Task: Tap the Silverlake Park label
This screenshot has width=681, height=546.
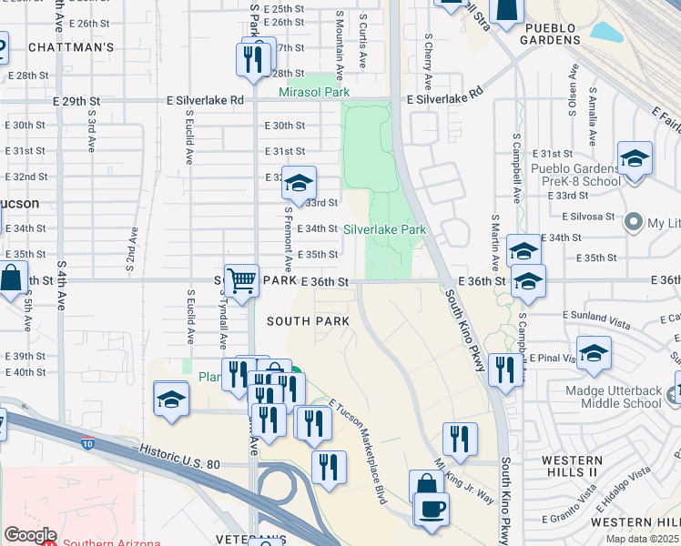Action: point(385,230)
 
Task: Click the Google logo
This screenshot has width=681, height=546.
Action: point(29,535)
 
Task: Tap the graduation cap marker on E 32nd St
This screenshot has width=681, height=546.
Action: point(298,183)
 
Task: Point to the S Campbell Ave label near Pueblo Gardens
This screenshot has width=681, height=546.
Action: point(516,170)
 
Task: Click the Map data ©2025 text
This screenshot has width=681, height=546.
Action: point(642,539)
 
